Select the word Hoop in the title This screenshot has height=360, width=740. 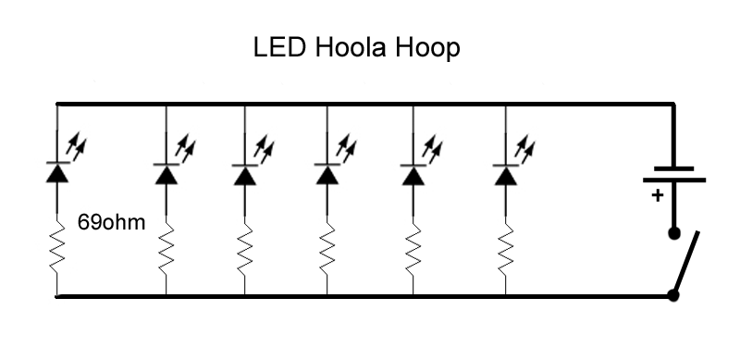(x=431, y=49)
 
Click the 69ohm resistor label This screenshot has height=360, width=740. (x=112, y=224)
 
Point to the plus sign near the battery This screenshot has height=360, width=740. (x=658, y=195)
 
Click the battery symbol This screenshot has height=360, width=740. (x=673, y=174)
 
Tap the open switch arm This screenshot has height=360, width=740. (x=687, y=263)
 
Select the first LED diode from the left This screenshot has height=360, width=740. (x=57, y=172)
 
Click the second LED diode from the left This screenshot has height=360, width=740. (x=166, y=173)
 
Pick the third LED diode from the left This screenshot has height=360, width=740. (x=244, y=173)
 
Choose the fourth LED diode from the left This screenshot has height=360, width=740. (x=327, y=173)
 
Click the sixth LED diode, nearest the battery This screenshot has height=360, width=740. (x=505, y=173)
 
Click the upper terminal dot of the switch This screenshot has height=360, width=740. (x=673, y=233)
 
